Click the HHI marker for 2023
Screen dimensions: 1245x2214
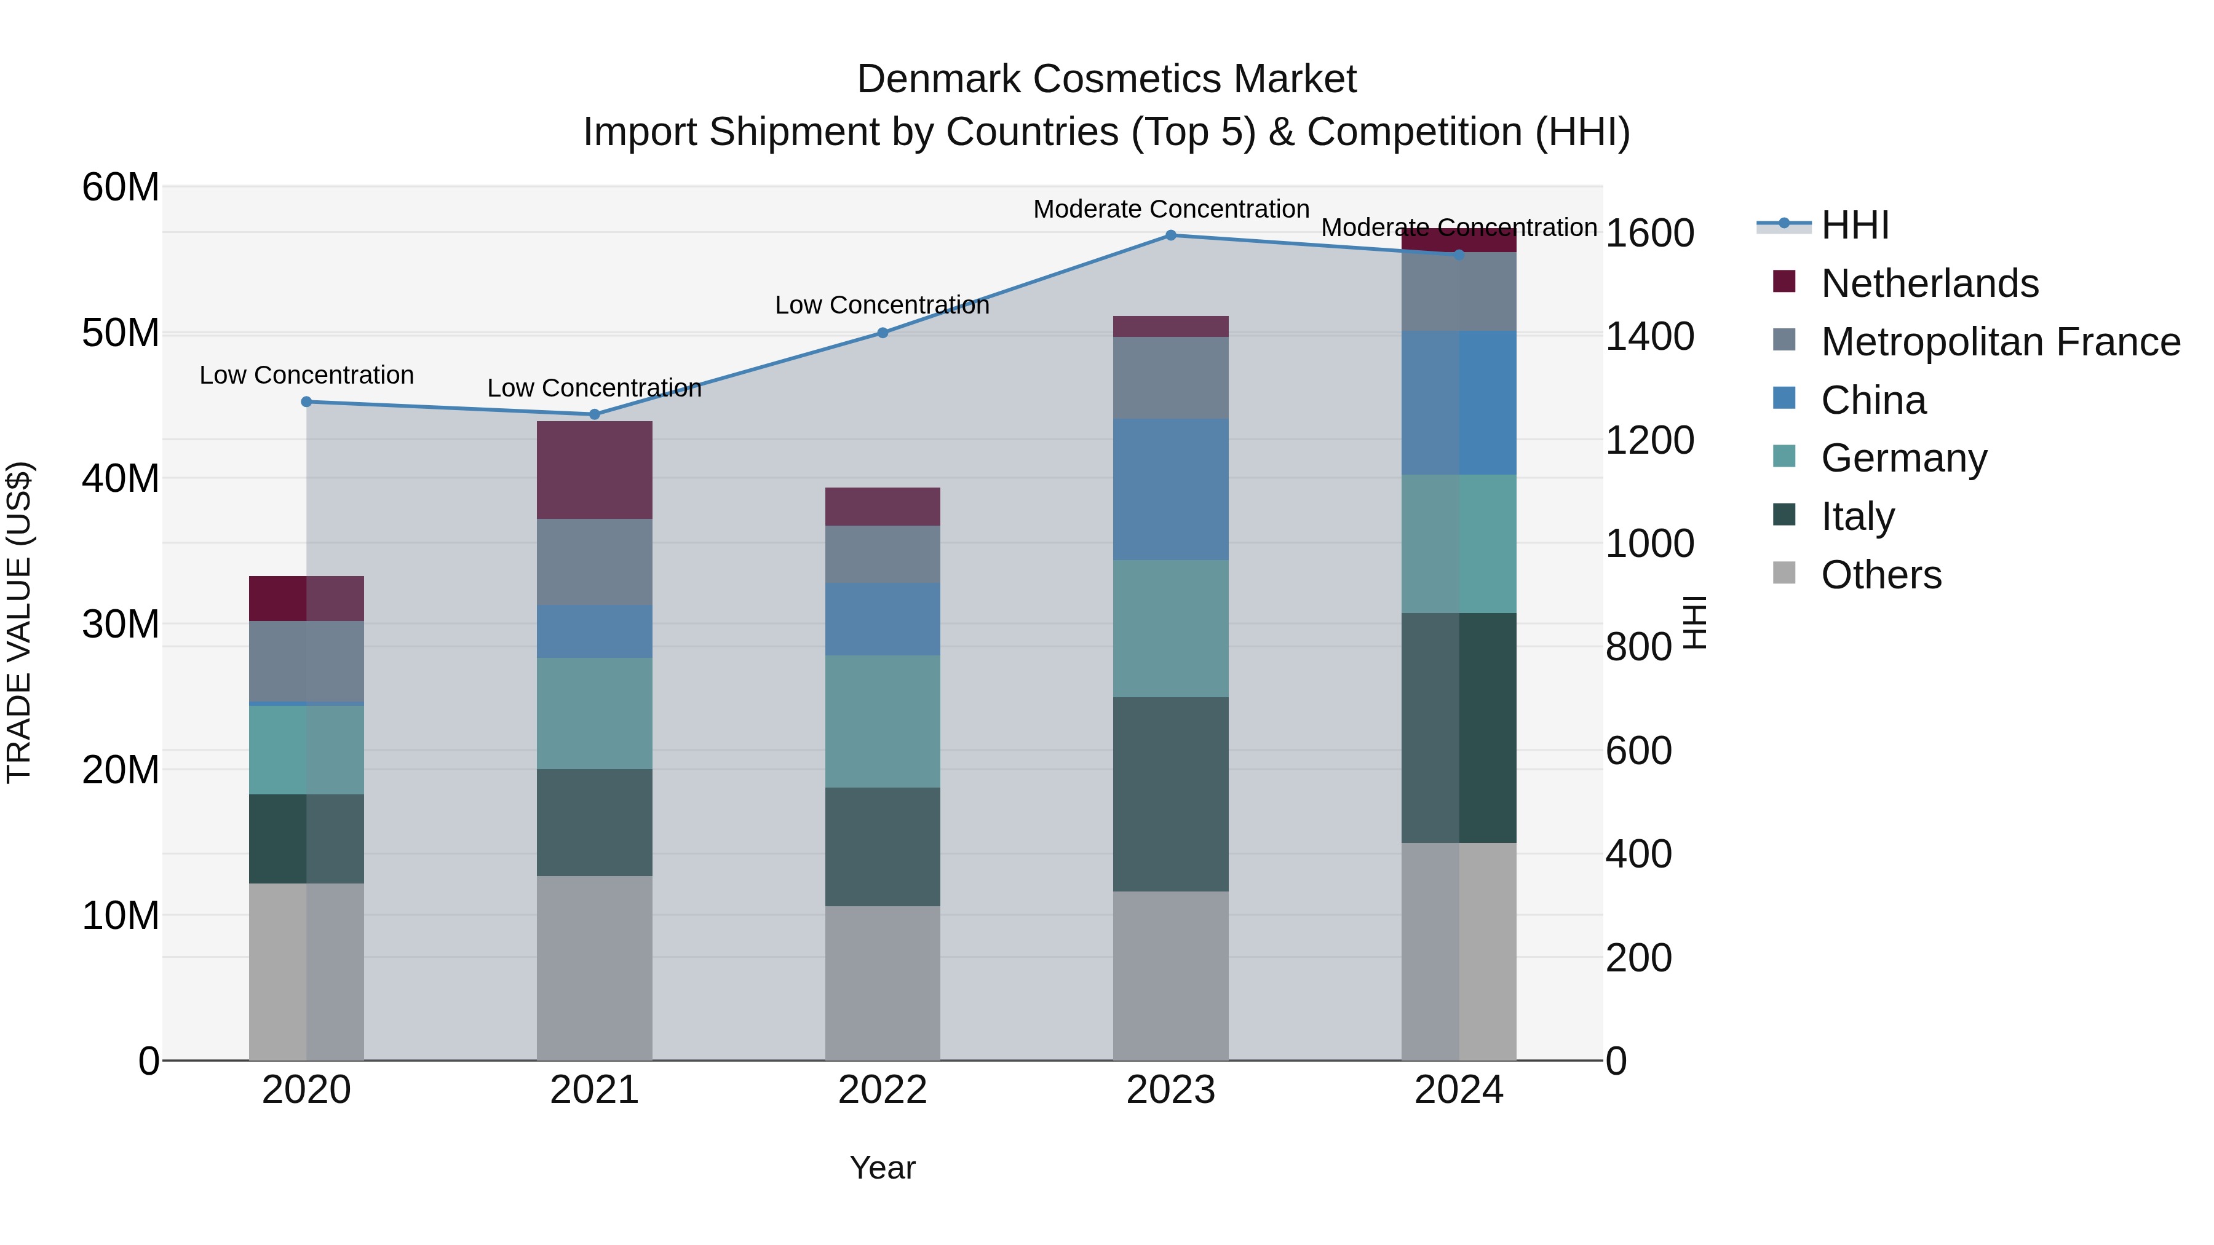pos(1170,235)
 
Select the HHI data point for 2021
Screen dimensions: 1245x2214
pos(594,414)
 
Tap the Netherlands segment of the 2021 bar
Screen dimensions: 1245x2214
pos(594,469)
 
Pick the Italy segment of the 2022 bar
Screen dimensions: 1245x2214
pos(883,847)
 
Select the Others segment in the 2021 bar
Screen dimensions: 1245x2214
pos(594,968)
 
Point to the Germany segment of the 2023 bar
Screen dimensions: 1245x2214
pos(1170,628)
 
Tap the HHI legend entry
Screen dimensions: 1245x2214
pos(1855,225)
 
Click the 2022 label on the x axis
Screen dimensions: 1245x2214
pos(883,1090)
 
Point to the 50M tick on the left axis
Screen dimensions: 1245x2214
pos(121,333)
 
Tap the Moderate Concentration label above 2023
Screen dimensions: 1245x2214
pos(1170,209)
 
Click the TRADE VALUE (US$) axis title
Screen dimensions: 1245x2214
pos(19,622)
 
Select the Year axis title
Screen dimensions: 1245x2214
pos(883,1168)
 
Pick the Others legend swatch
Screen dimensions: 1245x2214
pos(1784,573)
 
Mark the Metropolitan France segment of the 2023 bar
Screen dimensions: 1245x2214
pos(1170,377)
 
